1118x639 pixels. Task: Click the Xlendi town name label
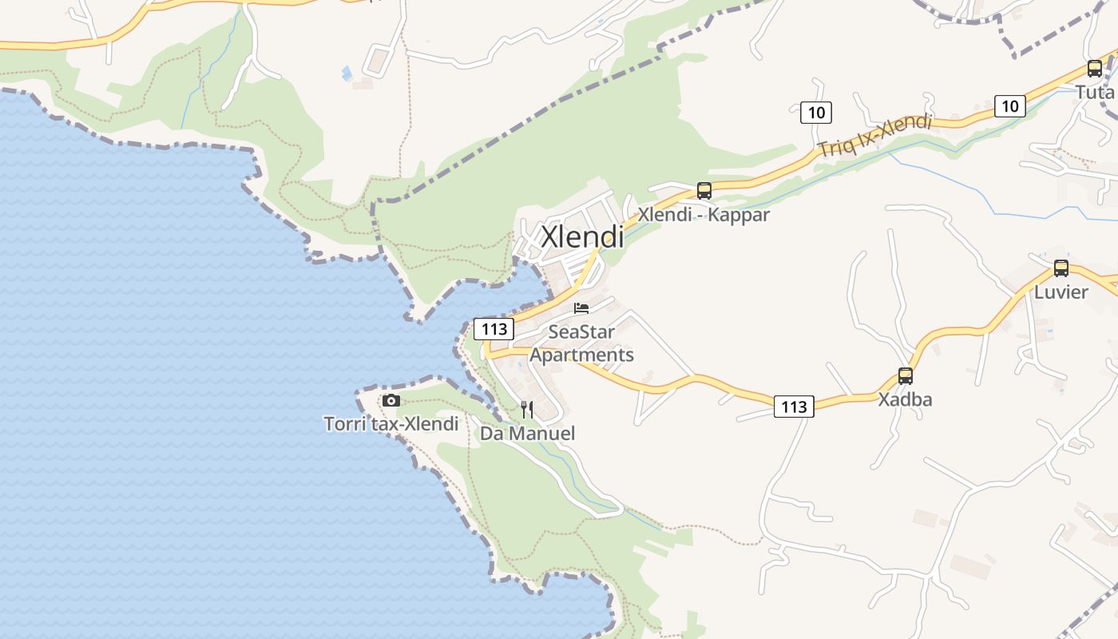(582, 236)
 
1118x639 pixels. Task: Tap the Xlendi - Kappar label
(703, 215)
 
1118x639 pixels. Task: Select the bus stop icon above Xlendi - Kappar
(704, 191)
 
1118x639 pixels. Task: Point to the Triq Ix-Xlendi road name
(874, 135)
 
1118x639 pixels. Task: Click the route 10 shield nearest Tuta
(1009, 105)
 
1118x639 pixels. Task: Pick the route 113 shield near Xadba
(794, 407)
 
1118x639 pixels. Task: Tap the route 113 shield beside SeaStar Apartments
(494, 328)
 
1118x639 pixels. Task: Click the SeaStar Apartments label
(581, 343)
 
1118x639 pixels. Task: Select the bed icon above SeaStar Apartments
(581, 308)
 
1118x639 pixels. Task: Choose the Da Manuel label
(527, 434)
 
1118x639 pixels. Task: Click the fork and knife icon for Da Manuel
(527, 410)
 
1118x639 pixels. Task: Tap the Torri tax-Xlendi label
(391, 423)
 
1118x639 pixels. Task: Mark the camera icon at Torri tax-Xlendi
(391, 400)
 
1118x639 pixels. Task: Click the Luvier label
(1061, 292)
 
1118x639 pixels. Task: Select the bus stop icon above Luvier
(1061, 268)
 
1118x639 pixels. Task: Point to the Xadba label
(905, 399)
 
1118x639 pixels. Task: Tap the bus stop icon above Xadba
(905, 375)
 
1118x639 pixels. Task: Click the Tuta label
(1095, 92)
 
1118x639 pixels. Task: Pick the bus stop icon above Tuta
(1094, 69)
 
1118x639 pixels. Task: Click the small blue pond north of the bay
(347, 73)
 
